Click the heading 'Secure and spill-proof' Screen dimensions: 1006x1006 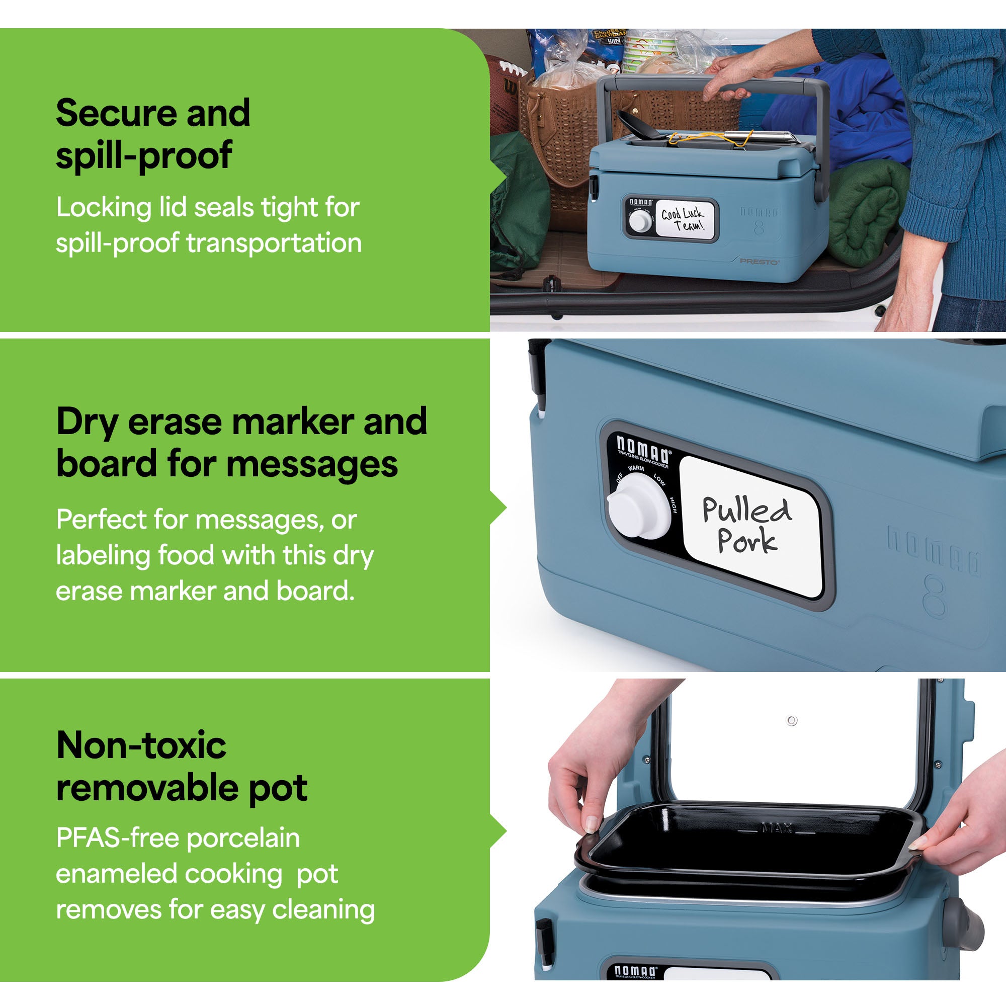[152, 133]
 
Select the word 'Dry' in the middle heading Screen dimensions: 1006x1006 [87, 423]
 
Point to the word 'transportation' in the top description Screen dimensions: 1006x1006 [274, 243]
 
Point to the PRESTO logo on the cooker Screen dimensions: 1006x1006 [759, 262]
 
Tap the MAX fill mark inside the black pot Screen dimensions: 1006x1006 [778, 827]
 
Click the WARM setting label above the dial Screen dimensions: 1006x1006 [636, 468]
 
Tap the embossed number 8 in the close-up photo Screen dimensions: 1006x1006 [935, 596]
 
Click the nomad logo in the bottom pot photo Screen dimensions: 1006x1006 [635, 971]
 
